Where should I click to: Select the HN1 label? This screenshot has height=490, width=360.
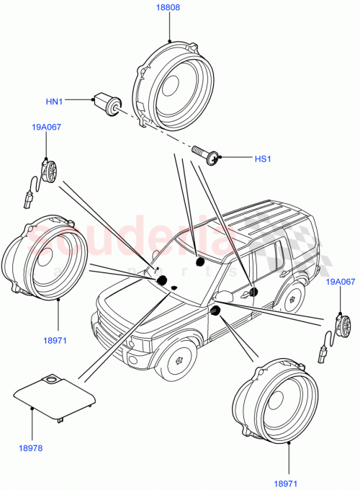(x=55, y=102)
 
